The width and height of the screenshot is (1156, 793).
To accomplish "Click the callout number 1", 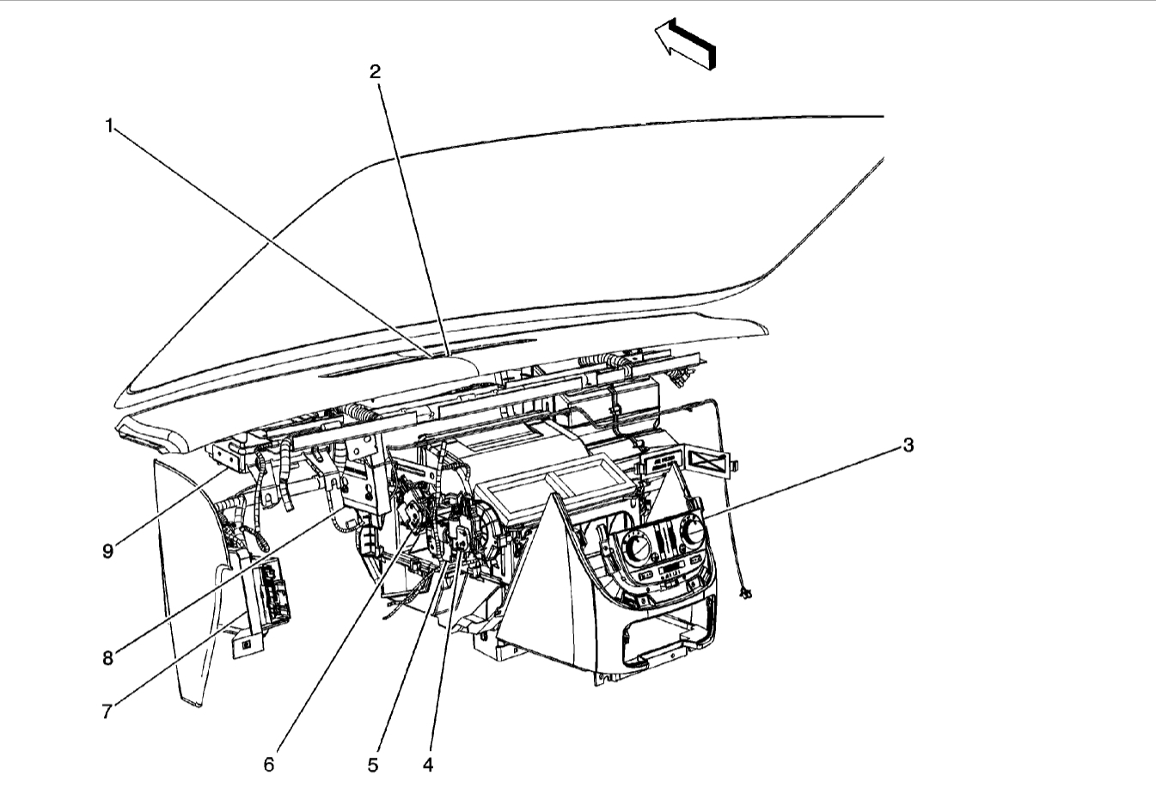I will tap(109, 126).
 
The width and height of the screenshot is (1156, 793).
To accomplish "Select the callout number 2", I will tap(375, 72).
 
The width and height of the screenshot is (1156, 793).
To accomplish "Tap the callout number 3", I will tap(908, 445).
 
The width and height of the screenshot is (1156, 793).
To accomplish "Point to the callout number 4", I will tap(427, 763).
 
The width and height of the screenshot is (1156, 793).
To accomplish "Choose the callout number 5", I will tap(373, 763).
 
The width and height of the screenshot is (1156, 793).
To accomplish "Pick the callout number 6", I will tap(268, 763).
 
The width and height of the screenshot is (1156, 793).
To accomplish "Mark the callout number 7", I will tap(107, 711).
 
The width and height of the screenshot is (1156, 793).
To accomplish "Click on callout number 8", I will tap(107, 658).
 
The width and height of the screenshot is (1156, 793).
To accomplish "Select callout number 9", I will tap(107, 551).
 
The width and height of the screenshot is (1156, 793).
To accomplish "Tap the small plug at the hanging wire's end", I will tap(745, 593).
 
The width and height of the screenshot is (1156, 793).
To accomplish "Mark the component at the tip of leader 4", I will tap(462, 539).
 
